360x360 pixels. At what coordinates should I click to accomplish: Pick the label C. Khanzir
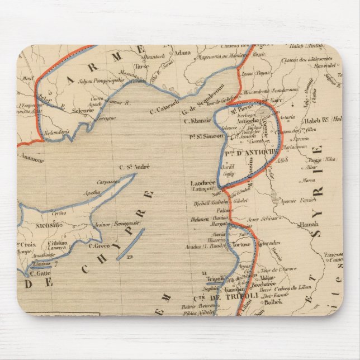[200, 120]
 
